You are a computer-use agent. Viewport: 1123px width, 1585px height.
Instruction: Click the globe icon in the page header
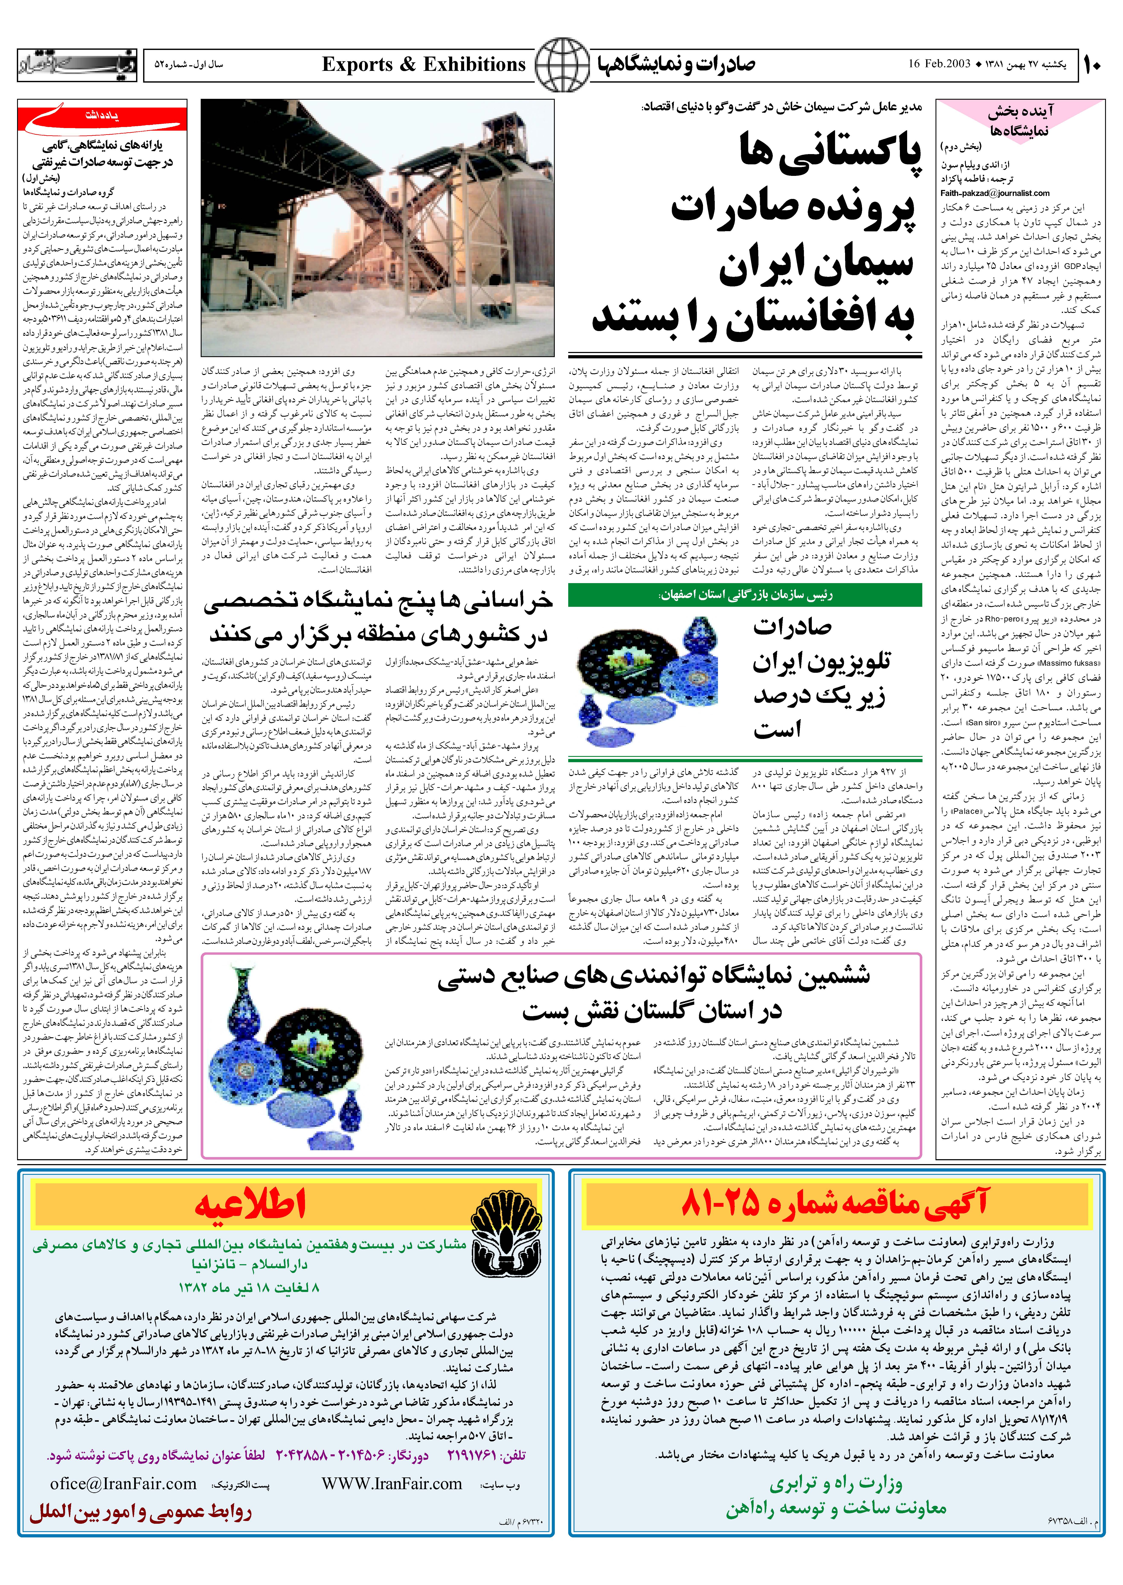pos(561,65)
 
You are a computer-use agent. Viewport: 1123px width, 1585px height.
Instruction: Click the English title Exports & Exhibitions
pos(424,65)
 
